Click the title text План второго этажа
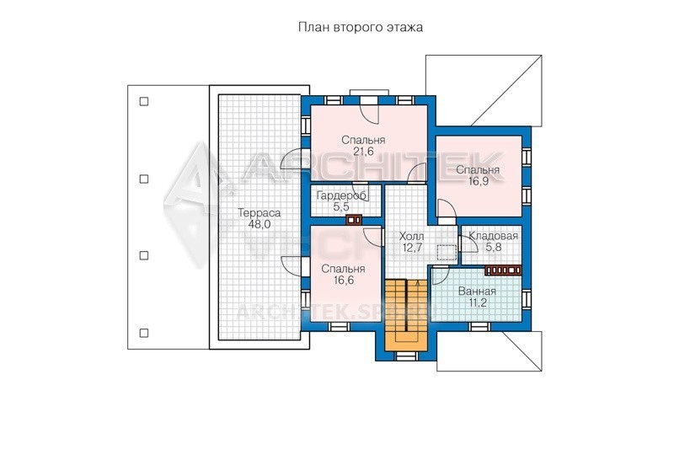[x=361, y=28]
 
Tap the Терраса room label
[x=259, y=212]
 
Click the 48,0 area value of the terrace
[x=259, y=224]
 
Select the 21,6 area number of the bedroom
[x=363, y=152]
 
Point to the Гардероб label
[x=342, y=196]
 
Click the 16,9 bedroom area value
[x=478, y=181]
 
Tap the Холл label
[x=411, y=237]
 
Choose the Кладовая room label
[x=493, y=236]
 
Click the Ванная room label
[x=477, y=291]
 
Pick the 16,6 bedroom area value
[x=344, y=281]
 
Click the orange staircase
[x=406, y=315]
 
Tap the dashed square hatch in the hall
[x=447, y=253]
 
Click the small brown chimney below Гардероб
[x=354, y=220]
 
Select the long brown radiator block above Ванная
[x=503, y=270]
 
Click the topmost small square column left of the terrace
[x=144, y=102]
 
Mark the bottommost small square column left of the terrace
[x=144, y=333]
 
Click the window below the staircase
[x=406, y=355]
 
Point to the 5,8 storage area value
[x=493, y=247]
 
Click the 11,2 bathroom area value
[x=477, y=302]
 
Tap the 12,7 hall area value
[x=411, y=248]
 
